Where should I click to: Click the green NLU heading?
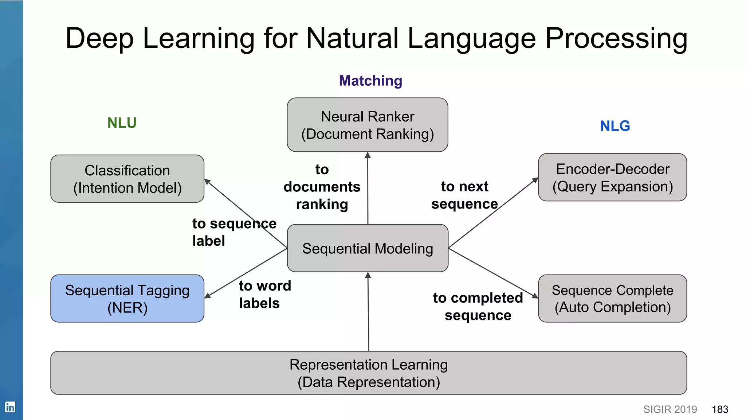[122, 123]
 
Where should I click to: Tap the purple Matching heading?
[370, 81]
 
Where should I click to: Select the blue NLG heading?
[615, 126]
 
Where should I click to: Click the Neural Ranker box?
[367, 125]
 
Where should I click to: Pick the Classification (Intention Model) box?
[127, 179]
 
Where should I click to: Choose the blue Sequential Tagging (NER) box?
[127, 299]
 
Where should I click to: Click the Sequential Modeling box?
[367, 248]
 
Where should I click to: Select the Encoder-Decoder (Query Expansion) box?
[612, 178]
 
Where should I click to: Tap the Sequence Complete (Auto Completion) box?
[612, 299]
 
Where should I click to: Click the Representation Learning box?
[368, 373]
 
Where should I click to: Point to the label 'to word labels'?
[264, 295]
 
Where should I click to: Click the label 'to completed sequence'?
[478, 306]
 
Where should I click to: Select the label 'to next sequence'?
[464, 195]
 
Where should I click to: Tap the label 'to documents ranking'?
[322, 187]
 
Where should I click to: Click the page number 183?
[720, 409]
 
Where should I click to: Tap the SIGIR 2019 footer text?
[670, 409]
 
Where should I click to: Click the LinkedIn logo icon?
[10, 407]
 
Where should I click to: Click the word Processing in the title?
[616, 38]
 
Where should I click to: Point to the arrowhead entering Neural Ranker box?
[368, 155]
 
